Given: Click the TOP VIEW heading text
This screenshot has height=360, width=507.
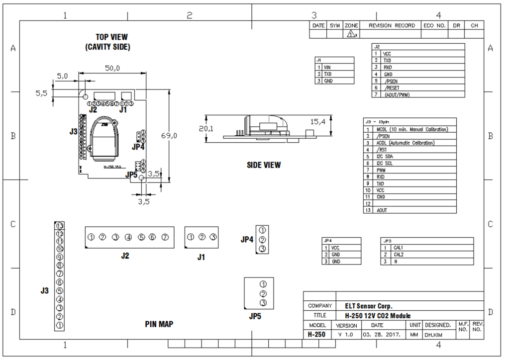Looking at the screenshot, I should point(111,37).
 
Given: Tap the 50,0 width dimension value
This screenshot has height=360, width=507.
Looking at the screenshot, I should point(112,68).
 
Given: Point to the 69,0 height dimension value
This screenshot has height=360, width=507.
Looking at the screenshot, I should point(169,135).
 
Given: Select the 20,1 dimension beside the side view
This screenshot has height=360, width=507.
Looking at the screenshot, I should point(206,128).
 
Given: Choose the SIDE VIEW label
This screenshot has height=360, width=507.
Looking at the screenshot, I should point(264,165).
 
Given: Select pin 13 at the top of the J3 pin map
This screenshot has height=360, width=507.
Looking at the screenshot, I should point(60,226).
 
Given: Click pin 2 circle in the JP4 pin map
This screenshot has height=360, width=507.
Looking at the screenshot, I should point(263,240).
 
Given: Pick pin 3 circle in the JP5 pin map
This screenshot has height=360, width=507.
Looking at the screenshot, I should point(263,303).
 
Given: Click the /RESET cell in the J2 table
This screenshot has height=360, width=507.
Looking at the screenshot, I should point(392,88).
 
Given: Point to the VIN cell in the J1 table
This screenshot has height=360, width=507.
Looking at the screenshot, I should point(327,67).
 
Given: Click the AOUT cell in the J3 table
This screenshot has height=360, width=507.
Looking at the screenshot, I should point(382,210).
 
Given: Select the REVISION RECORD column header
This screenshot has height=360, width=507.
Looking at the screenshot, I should point(392,25).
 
